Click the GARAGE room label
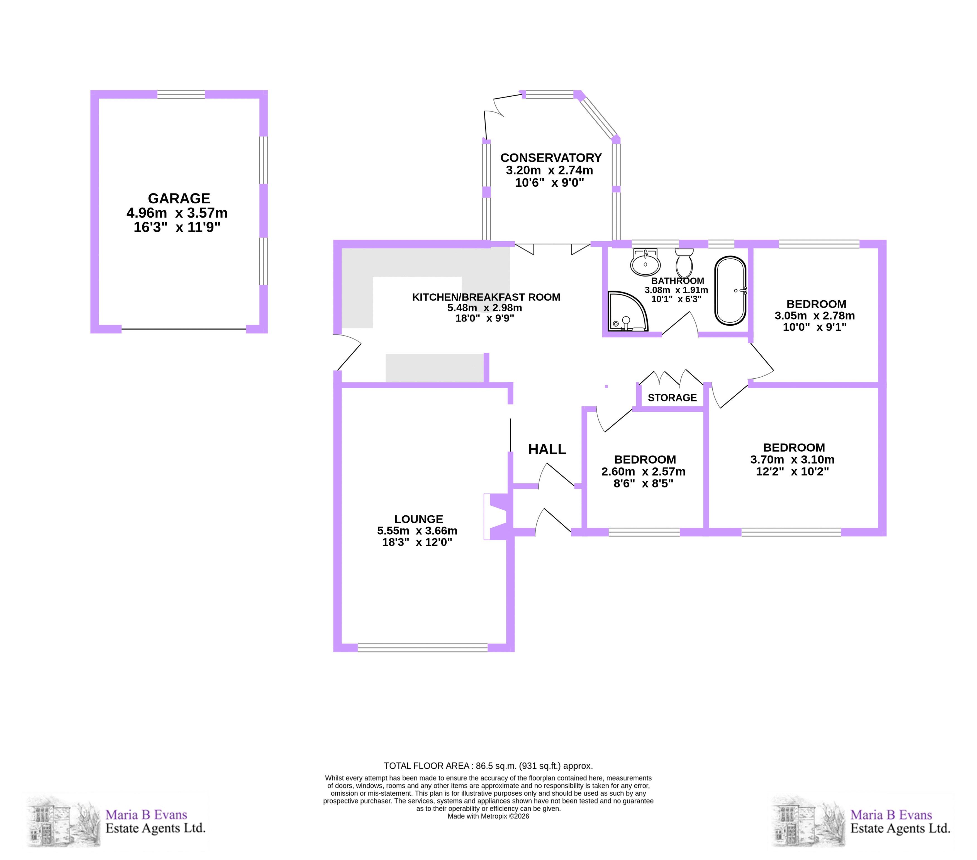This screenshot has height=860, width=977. (x=179, y=198)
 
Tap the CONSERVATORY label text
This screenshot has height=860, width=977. (x=551, y=158)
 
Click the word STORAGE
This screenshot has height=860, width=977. (x=672, y=398)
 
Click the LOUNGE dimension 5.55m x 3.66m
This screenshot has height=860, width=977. (x=417, y=531)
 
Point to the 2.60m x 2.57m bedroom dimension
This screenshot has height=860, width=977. (x=643, y=471)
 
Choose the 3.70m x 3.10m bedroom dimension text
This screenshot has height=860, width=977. (x=793, y=459)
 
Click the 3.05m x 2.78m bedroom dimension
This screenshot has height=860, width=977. (x=815, y=316)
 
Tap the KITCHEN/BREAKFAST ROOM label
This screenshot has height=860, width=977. (x=486, y=297)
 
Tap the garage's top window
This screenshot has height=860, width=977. (x=181, y=94)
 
